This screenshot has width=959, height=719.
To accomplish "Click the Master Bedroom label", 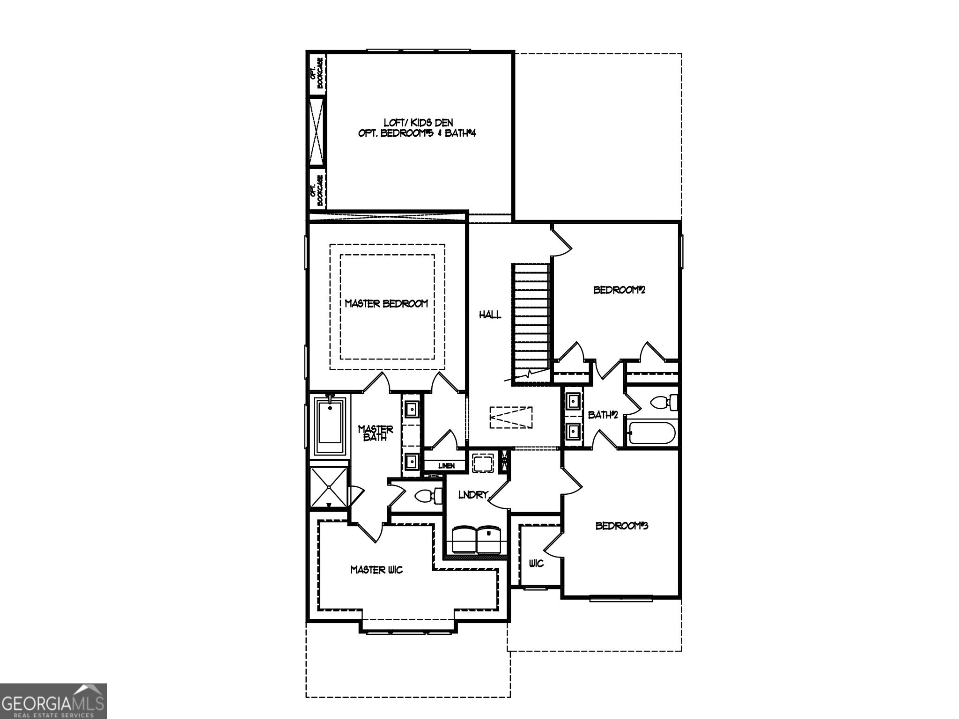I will click(386, 303).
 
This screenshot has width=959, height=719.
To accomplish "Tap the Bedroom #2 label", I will click(619, 290).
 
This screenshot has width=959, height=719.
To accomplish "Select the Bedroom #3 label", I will click(621, 526).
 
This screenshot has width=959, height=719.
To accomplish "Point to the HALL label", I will click(490, 315).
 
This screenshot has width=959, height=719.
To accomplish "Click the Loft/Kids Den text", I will click(418, 123).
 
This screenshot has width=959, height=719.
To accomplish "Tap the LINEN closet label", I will click(446, 466).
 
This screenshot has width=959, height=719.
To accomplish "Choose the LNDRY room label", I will click(473, 495).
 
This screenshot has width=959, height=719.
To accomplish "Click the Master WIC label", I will click(376, 570).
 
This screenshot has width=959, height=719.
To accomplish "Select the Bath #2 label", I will click(603, 415).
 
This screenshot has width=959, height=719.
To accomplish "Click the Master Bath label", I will click(375, 433).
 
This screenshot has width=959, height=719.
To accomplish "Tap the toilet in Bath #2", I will click(664, 402).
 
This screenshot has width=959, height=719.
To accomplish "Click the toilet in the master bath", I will click(428, 496).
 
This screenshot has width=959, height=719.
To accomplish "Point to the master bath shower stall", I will click(329, 487).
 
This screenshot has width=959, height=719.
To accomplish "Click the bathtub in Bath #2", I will click(651, 433).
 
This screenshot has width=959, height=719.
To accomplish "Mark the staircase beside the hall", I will click(531, 323).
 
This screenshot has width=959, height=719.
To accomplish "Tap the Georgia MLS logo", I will click(53, 701).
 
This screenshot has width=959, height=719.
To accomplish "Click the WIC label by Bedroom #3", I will click(536, 563).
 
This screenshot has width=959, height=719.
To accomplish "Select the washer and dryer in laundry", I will click(477, 539).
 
